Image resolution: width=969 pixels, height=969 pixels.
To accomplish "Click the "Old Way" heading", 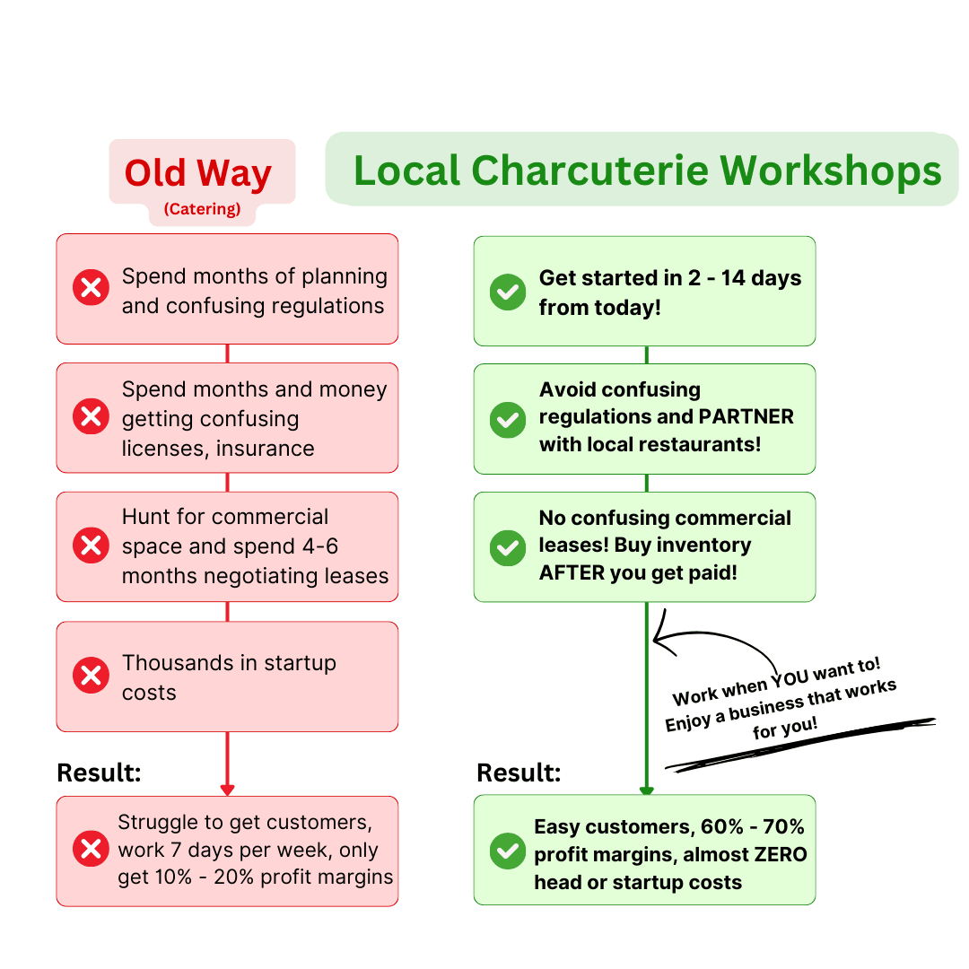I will pyautogui.click(x=198, y=173).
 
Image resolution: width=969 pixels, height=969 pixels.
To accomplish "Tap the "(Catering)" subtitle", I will pyautogui.click(x=202, y=210).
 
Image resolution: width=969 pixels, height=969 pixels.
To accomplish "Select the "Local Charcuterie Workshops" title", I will pyautogui.click(x=647, y=170).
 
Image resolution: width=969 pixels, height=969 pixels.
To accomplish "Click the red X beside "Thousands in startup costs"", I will pyautogui.click(x=91, y=676).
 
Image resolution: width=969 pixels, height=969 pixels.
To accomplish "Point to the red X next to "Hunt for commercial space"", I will pyautogui.click(x=91, y=546).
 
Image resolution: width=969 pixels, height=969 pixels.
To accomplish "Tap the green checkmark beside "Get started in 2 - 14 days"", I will pyautogui.click(x=508, y=292).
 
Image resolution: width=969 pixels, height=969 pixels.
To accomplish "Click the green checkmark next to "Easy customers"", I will pyautogui.click(x=508, y=851).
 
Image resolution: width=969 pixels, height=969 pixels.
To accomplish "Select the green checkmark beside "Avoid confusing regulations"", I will pyautogui.click(x=508, y=420).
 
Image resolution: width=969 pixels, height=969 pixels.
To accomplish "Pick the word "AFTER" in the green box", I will pyautogui.click(x=572, y=572).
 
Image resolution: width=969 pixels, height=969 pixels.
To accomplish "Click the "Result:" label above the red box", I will pyautogui.click(x=99, y=773).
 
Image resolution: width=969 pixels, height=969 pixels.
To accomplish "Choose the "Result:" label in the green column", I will pyautogui.click(x=519, y=773).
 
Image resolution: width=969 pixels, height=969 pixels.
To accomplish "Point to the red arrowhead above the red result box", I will pyautogui.click(x=227, y=790).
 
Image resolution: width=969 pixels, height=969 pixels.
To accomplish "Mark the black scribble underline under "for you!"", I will pyautogui.click(x=799, y=745).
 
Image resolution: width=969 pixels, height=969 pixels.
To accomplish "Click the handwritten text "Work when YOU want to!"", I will pyautogui.click(x=777, y=681).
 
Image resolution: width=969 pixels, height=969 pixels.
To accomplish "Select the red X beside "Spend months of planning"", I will pyautogui.click(x=91, y=289).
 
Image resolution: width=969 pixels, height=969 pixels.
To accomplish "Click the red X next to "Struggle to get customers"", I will pyautogui.click(x=91, y=849).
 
